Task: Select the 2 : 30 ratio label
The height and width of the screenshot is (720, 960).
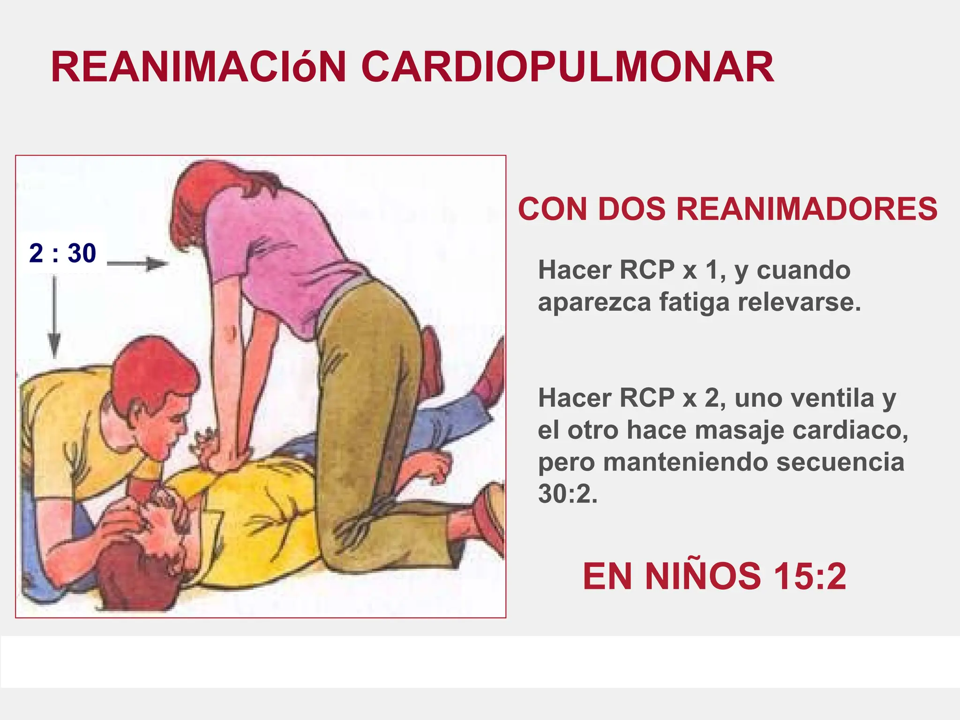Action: [62, 253]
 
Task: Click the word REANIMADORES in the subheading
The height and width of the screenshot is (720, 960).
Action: [807, 209]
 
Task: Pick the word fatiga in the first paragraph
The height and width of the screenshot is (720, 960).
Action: [694, 302]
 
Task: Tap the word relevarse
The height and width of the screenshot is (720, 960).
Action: [800, 302]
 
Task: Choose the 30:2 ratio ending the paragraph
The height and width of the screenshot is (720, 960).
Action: [568, 494]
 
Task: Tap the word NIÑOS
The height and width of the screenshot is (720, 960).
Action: [703, 576]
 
